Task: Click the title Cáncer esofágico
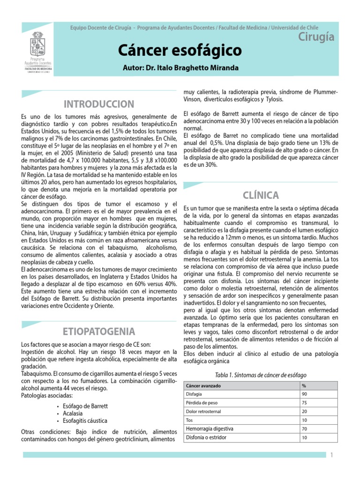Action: click(x=180, y=50)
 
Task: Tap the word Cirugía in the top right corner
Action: click(x=316, y=37)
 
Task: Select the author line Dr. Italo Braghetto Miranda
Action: click(x=180, y=68)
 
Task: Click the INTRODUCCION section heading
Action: click(x=99, y=104)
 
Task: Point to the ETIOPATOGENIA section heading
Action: click(x=99, y=332)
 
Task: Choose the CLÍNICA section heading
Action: click(x=261, y=195)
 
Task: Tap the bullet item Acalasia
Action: click(x=72, y=413)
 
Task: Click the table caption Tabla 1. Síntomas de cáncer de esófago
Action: click(x=260, y=375)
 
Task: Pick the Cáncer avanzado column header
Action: click(x=204, y=385)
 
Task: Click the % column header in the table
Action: click(x=304, y=385)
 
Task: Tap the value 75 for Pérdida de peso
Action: click(x=305, y=403)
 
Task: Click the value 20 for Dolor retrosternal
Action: click(x=305, y=412)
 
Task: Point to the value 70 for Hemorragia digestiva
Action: click(x=305, y=429)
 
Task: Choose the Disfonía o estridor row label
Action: click(x=206, y=437)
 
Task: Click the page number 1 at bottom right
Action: click(x=331, y=455)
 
